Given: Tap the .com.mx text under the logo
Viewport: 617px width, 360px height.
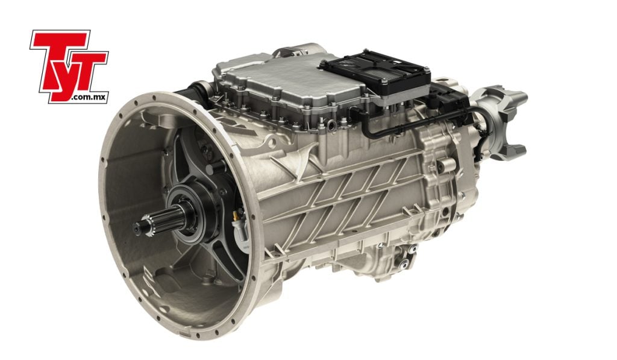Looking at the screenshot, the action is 89,97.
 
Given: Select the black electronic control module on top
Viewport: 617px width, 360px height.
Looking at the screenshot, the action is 377,74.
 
